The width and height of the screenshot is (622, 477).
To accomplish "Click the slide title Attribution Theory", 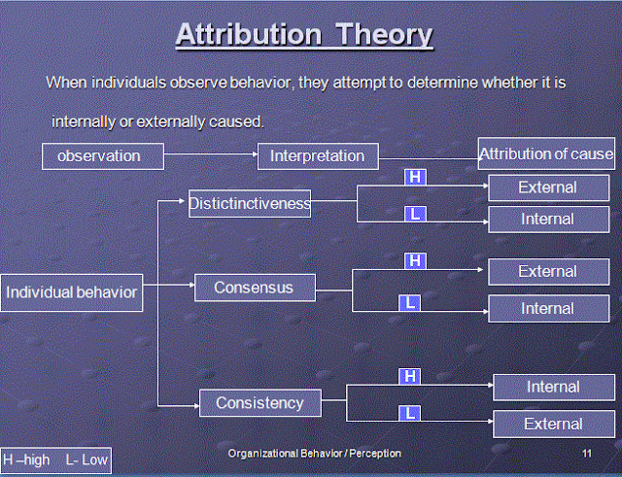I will [x=303, y=35].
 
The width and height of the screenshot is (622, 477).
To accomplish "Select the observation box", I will [x=102, y=155].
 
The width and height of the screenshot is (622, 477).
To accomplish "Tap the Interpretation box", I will [x=317, y=155].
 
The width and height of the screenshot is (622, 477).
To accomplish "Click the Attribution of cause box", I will [x=546, y=153].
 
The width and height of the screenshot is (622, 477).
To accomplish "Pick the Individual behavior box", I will [x=72, y=291].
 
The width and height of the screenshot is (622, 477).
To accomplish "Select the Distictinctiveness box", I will [x=250, y=203].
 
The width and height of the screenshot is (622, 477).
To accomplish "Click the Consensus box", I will [x=257, y=288].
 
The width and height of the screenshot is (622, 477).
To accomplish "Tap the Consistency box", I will [x=259, y=402].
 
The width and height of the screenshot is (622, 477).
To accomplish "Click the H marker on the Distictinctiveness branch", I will [x=414, y=177].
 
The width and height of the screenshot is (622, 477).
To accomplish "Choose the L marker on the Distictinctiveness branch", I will [x=414, y=214].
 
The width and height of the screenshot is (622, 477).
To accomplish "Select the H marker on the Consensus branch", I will [x=415, y=260].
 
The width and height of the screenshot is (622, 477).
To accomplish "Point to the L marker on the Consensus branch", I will [x=411, y=303].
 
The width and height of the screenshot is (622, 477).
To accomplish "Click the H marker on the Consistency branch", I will [x=410, y=376].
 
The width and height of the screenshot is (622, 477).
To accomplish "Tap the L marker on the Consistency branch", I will [x=410, y=413].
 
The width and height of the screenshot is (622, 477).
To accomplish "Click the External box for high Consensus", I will [x=547, y=272].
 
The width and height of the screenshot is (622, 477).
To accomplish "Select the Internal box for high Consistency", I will [x=553, y=387].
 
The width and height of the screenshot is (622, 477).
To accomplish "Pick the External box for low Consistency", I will [x=553, y=424].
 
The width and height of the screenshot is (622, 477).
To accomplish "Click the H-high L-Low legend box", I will [x=55, y=460].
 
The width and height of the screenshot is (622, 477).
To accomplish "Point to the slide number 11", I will [x=586, y=454].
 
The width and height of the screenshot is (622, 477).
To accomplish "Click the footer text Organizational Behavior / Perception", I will [x=314, y=454].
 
